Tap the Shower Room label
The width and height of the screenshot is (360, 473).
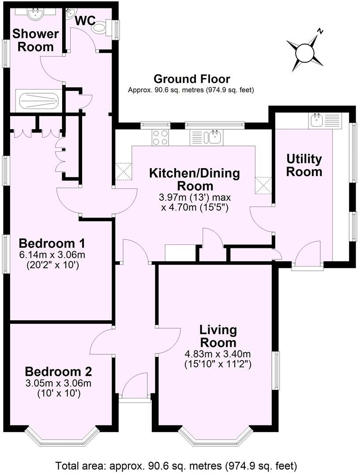pos(35,40)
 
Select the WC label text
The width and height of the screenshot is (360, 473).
pos(86,20)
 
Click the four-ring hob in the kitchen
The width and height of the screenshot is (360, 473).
pos(160,137)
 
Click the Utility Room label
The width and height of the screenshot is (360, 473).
pos(304,165)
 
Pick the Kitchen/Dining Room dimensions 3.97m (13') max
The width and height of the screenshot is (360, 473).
pos(195,197)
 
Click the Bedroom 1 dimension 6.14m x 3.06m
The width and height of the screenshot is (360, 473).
pos(52,255)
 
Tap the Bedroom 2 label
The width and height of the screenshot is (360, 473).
pos(58,371)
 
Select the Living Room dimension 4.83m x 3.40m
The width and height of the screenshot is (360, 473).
pos(218,354)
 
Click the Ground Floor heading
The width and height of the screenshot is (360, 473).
pos(191,79)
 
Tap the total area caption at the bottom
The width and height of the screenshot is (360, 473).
pos(176,465)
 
